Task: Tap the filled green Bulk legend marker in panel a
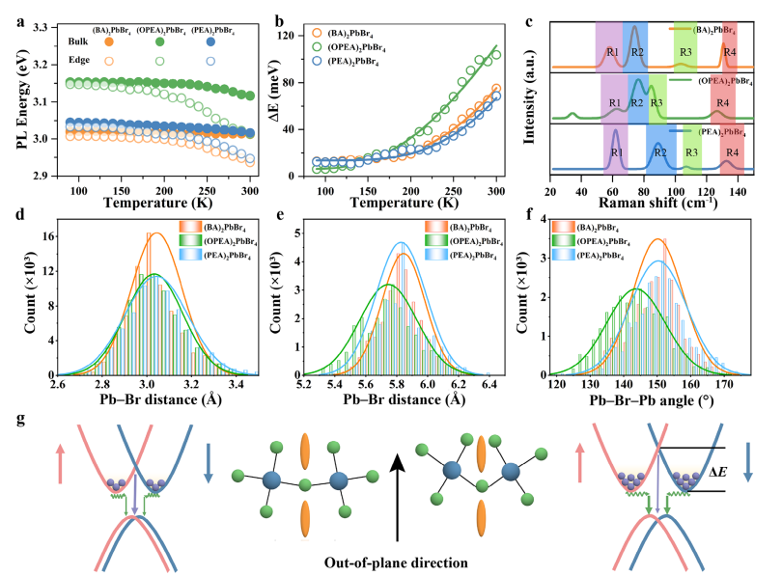tap(159, 41)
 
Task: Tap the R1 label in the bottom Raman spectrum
tap(615, 152)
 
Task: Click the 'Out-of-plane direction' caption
tap(391, 559)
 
